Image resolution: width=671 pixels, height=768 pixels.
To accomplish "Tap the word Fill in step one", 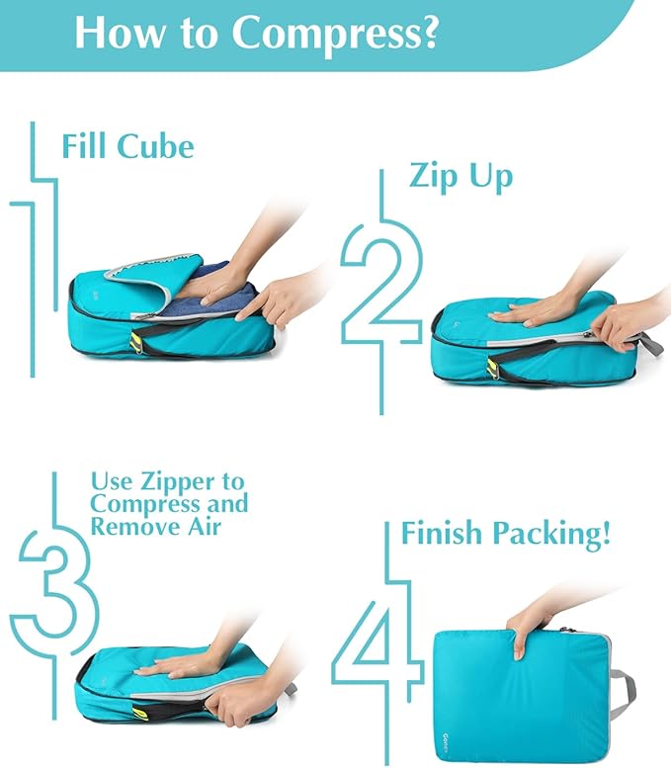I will point(85,146).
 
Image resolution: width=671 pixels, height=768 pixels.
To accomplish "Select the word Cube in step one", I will point(155,146).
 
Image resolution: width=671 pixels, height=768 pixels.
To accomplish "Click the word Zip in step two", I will point(433,177).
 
